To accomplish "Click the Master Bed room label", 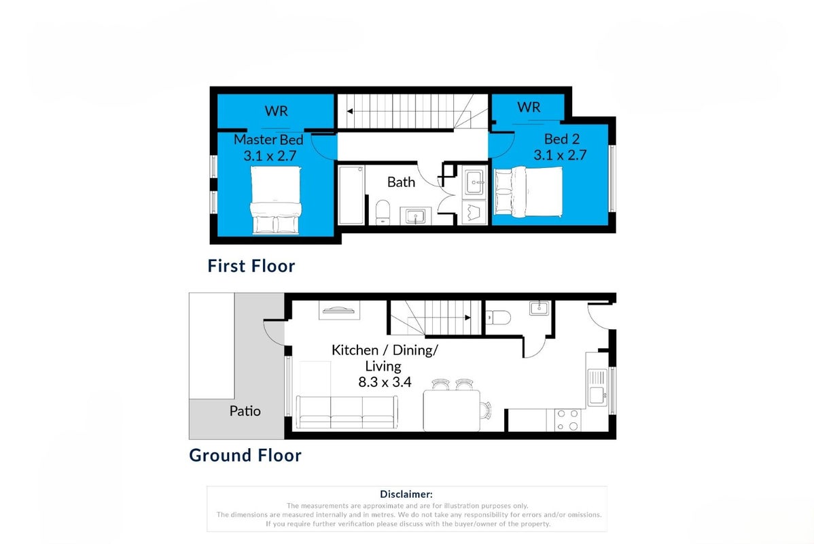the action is point(268,139).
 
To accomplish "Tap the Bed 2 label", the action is point(562,139).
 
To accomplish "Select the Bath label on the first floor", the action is point(402,182).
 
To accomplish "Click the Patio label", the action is point(245,411).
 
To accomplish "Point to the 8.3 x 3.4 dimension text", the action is point(385,382).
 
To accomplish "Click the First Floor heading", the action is point(251,266).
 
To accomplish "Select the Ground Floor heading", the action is point(245,455).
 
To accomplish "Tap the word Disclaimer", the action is point(406,494).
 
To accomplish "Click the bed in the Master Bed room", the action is point(276,200).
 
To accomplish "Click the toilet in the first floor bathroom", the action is point(383,212).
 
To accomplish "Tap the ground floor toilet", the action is point(498,316).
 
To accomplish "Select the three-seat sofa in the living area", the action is point(347,412).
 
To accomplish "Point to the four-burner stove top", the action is point(567,420).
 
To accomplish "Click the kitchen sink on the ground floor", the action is point(597,388).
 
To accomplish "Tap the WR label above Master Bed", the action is point(276,111).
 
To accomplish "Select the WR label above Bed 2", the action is point(529,107).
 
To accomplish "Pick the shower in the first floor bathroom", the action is point(351,195).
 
